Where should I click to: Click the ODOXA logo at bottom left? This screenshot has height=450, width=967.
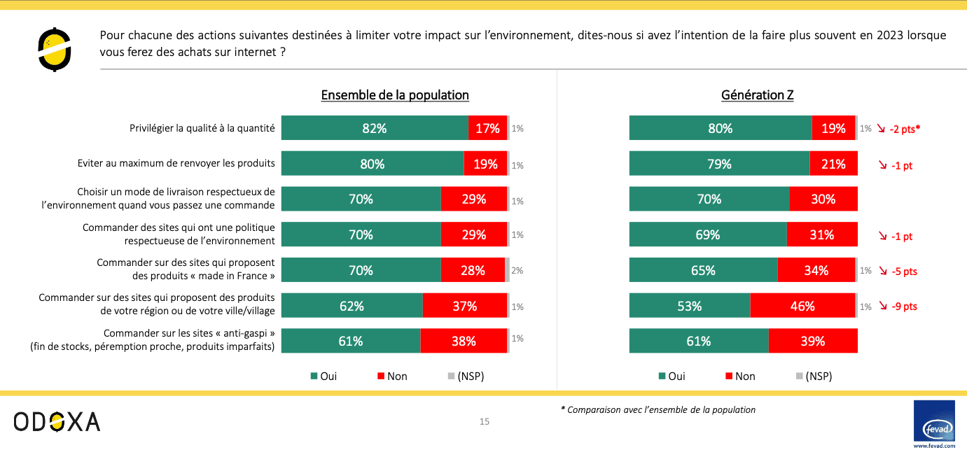(x=57, y=421)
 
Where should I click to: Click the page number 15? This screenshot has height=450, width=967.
(x=484, y=421)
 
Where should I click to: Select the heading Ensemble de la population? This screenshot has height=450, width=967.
(x=395, y=95)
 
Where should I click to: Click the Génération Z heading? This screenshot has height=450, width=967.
(x=757, y=95)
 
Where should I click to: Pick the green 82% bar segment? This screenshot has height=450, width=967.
(x=375, y=129)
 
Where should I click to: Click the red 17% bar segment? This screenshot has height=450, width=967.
(x=487, y=129)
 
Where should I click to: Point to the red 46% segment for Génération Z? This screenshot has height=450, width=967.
(x=802, y=306)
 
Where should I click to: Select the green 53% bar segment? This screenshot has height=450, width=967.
(x=690, y=306)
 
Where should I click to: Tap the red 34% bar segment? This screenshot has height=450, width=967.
(x=816, y=270)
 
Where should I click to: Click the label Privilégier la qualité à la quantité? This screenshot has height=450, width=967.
(x=202, y=129)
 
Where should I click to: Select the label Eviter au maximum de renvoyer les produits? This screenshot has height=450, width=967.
(x=176, y=164)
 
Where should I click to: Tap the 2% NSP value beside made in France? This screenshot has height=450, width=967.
(x=517, y=270)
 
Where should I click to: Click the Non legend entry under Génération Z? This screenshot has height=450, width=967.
(x=740, y=377)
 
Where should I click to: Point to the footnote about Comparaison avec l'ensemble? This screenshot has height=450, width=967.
(x=658, y=410)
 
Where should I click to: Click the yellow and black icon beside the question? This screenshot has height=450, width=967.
(x=55, y=49)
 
